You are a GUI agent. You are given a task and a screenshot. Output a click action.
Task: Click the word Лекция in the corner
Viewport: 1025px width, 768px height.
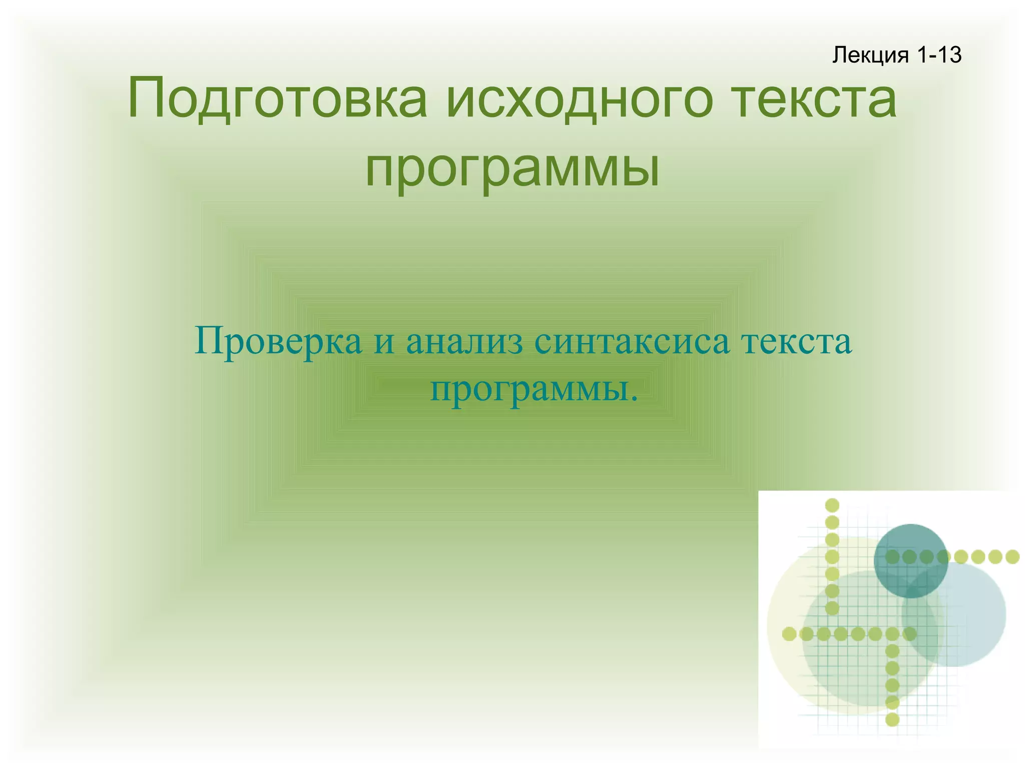[x=870, y=55]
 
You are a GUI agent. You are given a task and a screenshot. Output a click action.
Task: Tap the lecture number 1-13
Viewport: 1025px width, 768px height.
[x=939, y=55]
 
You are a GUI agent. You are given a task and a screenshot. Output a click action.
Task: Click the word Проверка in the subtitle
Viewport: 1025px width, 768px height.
[x=278, y=342]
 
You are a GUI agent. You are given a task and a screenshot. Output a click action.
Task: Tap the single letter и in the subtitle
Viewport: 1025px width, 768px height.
[x=384, y=343]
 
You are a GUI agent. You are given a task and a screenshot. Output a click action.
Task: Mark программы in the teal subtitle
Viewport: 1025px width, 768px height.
[x=528, y=390]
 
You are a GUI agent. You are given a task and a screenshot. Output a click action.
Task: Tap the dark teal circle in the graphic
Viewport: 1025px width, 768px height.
[x=910, y=545]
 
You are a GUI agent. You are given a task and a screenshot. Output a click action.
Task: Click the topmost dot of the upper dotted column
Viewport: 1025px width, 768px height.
[x=832, y=505]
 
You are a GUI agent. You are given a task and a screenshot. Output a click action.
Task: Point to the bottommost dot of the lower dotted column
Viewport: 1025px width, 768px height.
[x=892, y=719]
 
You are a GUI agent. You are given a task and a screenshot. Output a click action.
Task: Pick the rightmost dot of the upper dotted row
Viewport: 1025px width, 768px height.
[x=1012, y=556]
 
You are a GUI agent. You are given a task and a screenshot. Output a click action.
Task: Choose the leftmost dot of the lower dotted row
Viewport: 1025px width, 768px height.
[x=789, y=634]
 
